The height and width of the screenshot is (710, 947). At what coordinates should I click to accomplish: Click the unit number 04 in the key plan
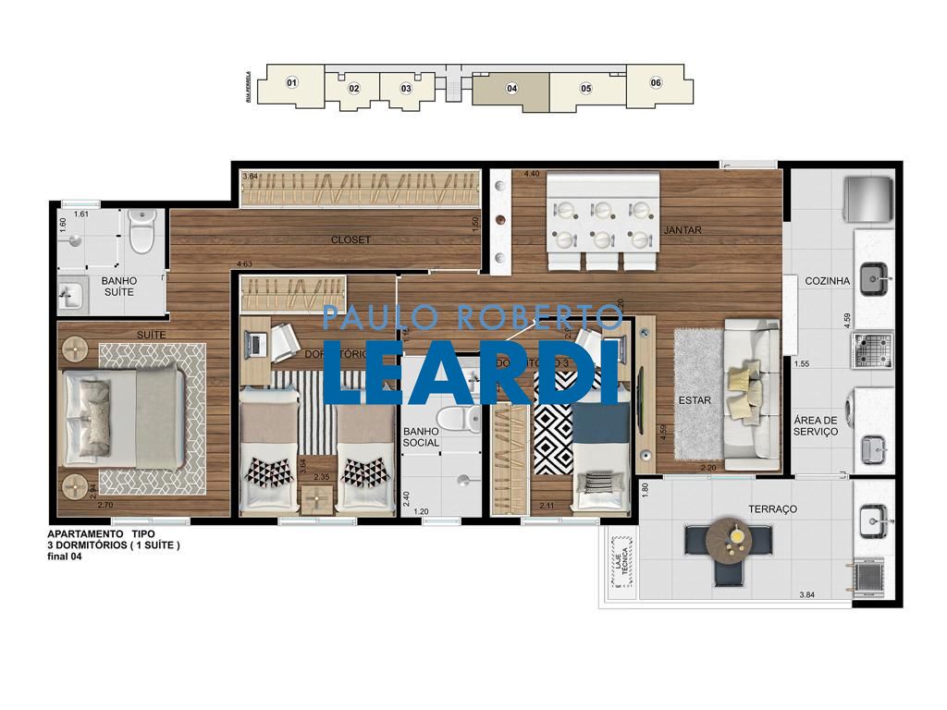click(511, 89)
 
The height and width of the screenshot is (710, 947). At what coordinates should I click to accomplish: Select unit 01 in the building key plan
click(292, 83)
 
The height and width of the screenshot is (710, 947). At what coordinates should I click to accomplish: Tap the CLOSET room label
click(351, 239)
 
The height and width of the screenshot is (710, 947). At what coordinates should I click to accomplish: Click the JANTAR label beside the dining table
click(683, 230)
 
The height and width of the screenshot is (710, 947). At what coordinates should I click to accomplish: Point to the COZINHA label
click(826, 281)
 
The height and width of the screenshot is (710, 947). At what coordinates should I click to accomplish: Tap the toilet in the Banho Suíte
click(141, 232)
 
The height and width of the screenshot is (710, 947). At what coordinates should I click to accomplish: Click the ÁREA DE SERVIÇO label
click(815, 425)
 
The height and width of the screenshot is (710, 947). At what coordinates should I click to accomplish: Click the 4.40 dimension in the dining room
click(531, 174)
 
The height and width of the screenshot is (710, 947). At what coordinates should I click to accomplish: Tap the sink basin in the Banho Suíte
click(71, 296)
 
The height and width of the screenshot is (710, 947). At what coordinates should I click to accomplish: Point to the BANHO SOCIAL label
click(421, 436)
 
